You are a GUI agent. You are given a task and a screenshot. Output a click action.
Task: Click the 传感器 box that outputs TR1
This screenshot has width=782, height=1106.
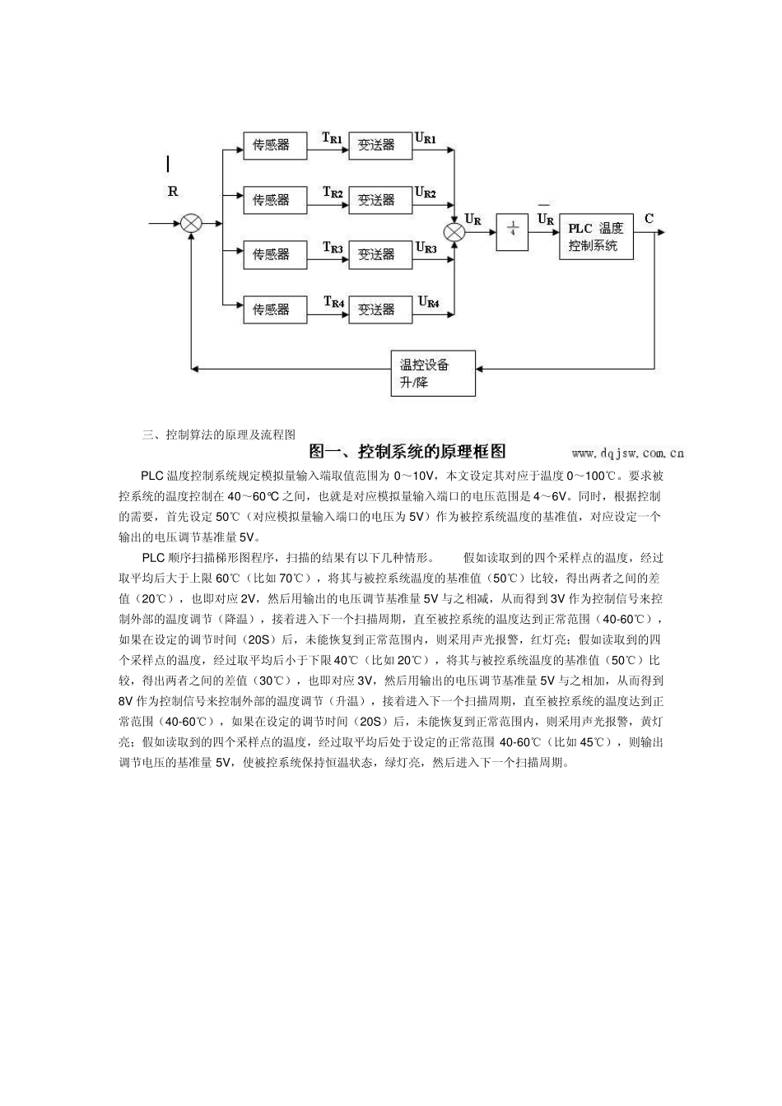(271, 145)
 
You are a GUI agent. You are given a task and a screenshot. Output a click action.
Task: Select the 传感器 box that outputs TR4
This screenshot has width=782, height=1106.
(271, 309)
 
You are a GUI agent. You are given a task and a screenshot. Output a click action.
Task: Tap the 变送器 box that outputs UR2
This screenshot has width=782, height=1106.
(376, 200)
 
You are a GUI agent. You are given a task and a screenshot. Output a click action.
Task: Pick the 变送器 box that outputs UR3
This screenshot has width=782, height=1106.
(376, 255)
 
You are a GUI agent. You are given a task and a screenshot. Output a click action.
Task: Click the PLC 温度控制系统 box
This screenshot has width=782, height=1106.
(596, 236)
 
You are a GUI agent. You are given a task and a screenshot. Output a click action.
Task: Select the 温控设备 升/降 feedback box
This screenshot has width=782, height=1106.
(432, 373)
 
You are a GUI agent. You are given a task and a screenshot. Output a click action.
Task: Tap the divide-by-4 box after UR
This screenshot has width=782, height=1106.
(512, 231)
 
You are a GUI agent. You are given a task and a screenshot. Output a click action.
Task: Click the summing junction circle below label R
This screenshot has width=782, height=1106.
(192, 223)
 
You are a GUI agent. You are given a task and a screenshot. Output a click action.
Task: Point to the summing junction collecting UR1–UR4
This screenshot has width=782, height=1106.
(454, 231)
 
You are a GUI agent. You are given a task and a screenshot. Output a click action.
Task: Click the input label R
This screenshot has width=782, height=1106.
(173, 192)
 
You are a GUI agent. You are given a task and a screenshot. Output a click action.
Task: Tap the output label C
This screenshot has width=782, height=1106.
(649, 218)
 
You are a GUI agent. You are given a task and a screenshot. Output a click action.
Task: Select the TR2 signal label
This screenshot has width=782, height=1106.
(333, 193)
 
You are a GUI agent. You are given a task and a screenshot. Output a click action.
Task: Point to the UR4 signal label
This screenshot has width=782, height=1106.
(428, 303)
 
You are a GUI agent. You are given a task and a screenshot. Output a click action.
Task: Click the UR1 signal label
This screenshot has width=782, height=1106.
(426, 138)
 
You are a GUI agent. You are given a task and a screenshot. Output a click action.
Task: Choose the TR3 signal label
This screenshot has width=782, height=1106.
(333, 248)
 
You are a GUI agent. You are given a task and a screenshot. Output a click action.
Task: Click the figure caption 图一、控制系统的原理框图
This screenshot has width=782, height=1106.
(407, 451)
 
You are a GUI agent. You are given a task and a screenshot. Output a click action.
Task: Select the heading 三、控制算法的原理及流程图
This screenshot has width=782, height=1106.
(219, 434)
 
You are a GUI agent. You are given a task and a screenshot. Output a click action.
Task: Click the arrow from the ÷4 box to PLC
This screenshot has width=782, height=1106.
(543, 232)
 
